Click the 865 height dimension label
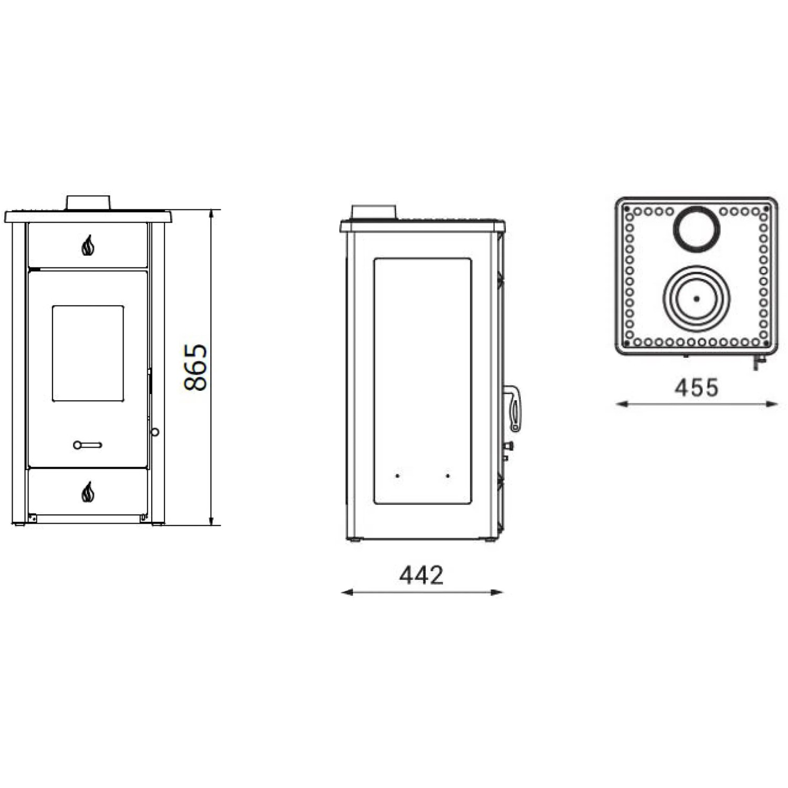coord(196,367)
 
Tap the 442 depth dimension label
coord(421,575)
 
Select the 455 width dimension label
coord(697,388)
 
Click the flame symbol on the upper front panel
coord(88,245)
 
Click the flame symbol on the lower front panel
coord(88,492)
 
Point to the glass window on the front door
coord(88,354)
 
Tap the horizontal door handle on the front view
coord(88,445)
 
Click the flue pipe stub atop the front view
coord(88,203)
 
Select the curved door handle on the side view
coord(513,408)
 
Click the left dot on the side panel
coord(398,475)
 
